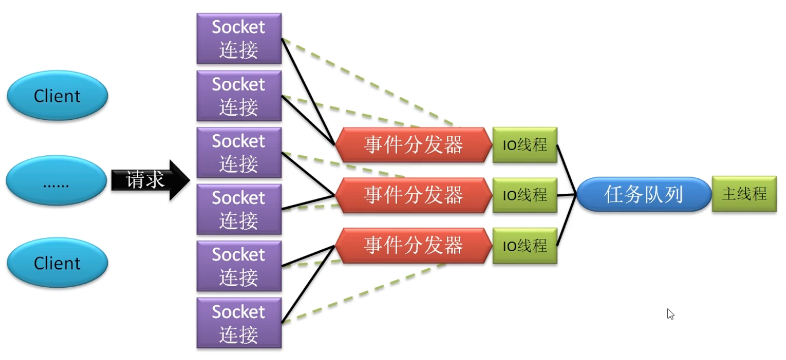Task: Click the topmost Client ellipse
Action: tap(57, 96)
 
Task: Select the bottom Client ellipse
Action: tap(57, 263)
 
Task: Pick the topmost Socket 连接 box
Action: tap(239, 38)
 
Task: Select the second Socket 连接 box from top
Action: tap(239, 96)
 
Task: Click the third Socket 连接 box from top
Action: tap(239, 152)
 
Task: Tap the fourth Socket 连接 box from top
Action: tap(239, 209)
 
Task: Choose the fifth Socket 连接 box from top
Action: tap(239, 266)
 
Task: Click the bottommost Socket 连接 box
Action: tap(239, 323)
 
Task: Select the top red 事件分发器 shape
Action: tap(413, 145)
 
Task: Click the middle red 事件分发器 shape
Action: tap(413, 195)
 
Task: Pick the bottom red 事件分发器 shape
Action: tap(413, 245)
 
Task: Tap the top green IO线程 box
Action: tap(525, 145)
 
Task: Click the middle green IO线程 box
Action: tap(525, 195)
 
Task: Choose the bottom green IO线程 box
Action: tap(525, 246)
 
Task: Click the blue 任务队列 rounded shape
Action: tap(643, 195)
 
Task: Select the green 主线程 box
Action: tap(744, 194)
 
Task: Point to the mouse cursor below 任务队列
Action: tap(670, 314)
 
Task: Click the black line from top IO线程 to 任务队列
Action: tap(567, 168)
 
